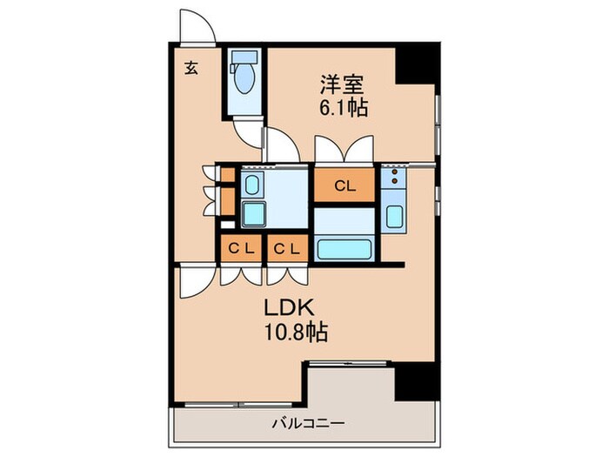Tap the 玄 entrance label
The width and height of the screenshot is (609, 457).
190,68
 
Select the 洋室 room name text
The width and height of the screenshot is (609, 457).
341,84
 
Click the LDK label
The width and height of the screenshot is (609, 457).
284,308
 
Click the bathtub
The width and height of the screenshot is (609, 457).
345,248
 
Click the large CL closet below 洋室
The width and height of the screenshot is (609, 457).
345,185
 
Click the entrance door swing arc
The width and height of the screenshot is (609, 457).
196,25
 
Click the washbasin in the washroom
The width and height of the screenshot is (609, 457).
251,185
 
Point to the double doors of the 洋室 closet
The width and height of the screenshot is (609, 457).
345,151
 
